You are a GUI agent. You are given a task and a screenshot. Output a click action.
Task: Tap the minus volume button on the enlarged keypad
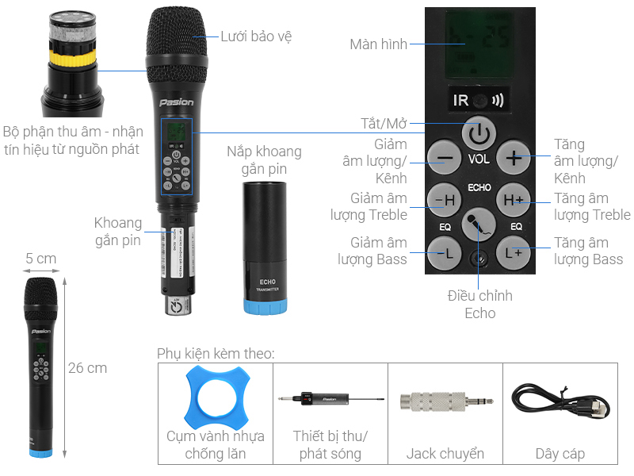point(445,158)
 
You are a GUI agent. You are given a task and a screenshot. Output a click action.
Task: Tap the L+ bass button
point(514,254)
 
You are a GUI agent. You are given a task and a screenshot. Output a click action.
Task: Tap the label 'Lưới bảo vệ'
point(250,36)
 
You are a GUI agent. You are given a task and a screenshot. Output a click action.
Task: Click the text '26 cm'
point(87,368)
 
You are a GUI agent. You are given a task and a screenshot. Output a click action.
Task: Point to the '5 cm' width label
point(40,259)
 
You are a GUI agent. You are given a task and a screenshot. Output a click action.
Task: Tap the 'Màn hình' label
point(378,44)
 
